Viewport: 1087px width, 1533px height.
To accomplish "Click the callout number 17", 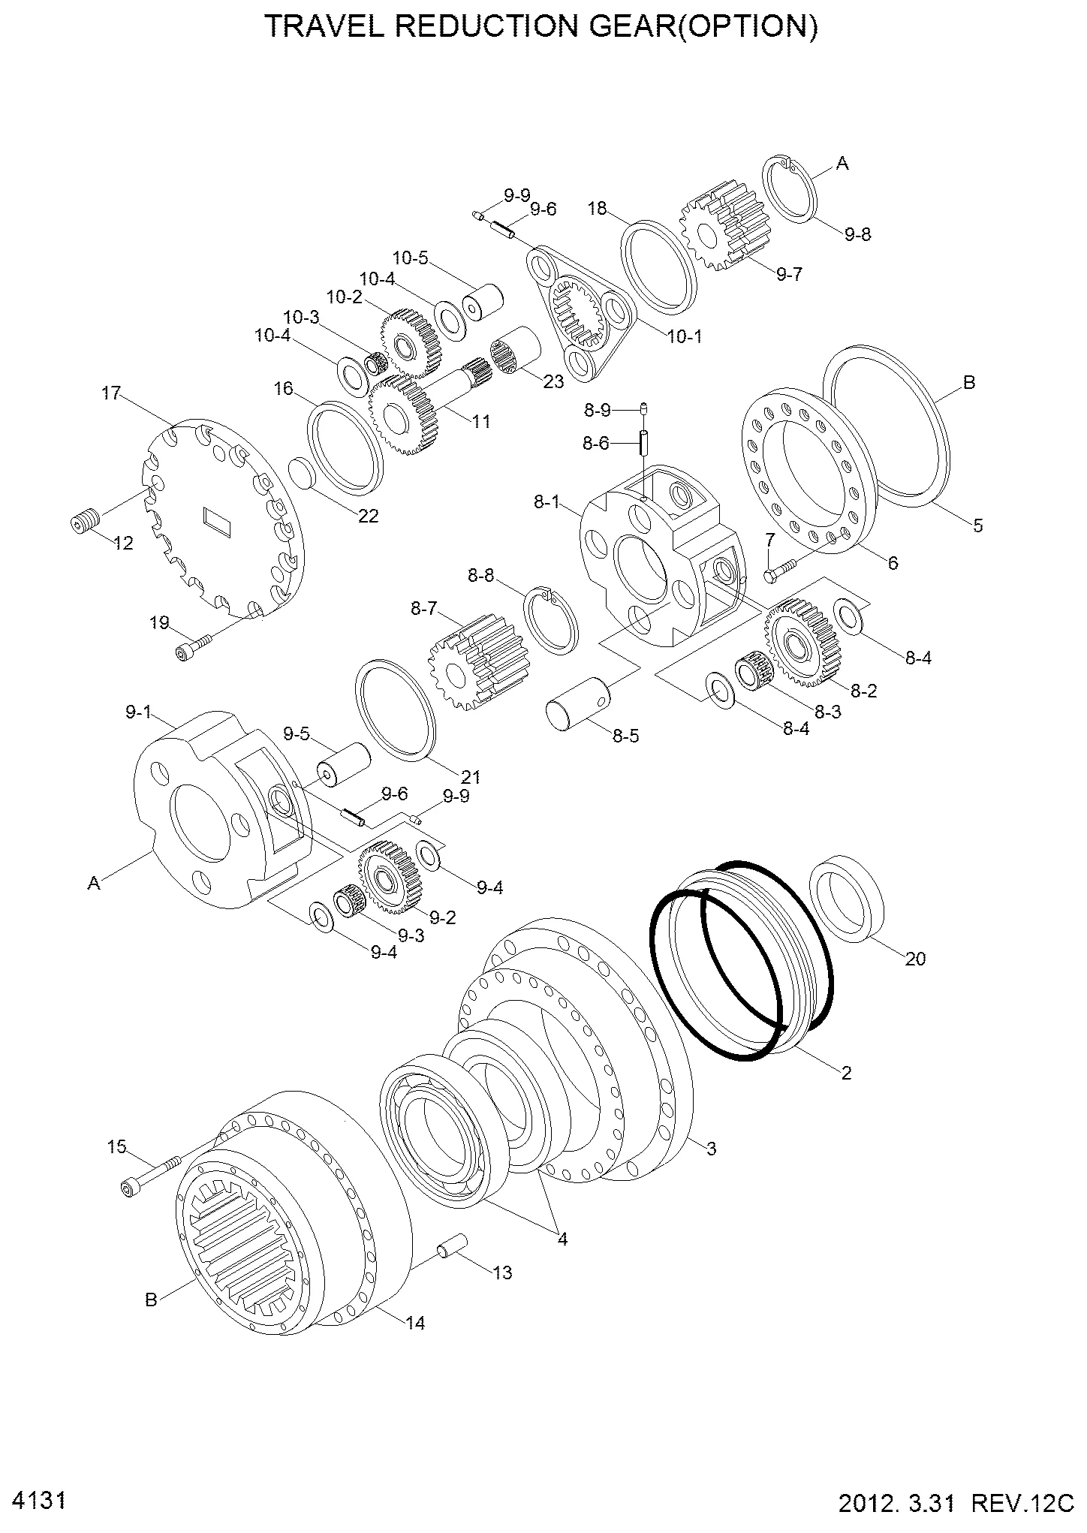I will click(111, 393).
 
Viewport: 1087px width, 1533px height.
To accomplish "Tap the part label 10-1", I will click(684, 336).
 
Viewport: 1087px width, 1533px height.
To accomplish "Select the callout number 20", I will click(915, 959).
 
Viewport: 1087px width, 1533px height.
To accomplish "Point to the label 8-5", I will click(625, 736).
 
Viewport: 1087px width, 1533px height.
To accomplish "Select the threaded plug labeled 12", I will click(85, 522).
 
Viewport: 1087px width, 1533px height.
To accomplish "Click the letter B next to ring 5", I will click(968, 382).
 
